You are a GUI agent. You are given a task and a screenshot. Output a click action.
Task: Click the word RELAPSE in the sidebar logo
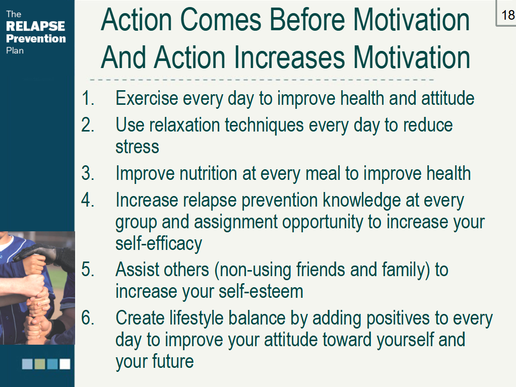(35, 26)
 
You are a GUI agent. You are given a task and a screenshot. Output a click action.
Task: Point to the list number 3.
(88, 173)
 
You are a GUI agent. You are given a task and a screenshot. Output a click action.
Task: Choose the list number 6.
(88, 318)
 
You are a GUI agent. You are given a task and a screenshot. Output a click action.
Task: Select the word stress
(137, 147)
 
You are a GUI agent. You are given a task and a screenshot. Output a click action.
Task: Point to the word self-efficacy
(159, 243)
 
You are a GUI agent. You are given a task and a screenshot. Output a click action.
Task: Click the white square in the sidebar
(65, 364)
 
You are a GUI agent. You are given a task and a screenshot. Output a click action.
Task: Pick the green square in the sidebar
(40, 364)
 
